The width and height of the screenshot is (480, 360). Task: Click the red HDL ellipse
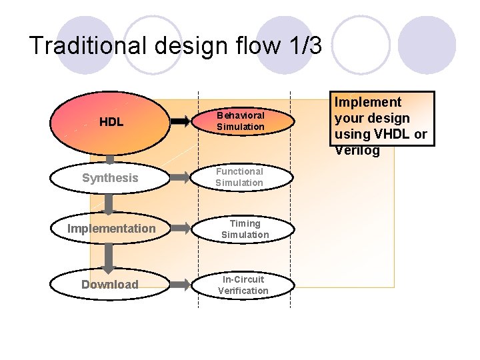tap(111, 122)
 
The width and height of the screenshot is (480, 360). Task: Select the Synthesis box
tap(110, 178)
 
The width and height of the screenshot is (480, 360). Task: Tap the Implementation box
tap(111, 229)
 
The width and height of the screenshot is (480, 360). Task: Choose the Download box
tap(110, 285)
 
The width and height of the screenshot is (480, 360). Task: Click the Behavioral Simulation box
tap(240, 121)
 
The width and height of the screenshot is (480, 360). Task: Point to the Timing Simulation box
tap(245, 229)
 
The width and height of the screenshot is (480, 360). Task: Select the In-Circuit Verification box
tap(243, 285)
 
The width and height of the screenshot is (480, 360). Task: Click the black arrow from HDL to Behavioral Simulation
tap(179, 121)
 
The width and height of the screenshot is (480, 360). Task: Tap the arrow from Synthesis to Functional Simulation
tap(180, 177)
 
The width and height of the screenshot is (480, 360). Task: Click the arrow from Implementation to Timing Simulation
tap(180, 229)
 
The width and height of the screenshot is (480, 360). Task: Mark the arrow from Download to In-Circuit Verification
tap(180, 285)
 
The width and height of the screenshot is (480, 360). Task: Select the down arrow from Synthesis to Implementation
tap(110, 203)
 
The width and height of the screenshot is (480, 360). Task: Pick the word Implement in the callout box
tap(367, 102)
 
